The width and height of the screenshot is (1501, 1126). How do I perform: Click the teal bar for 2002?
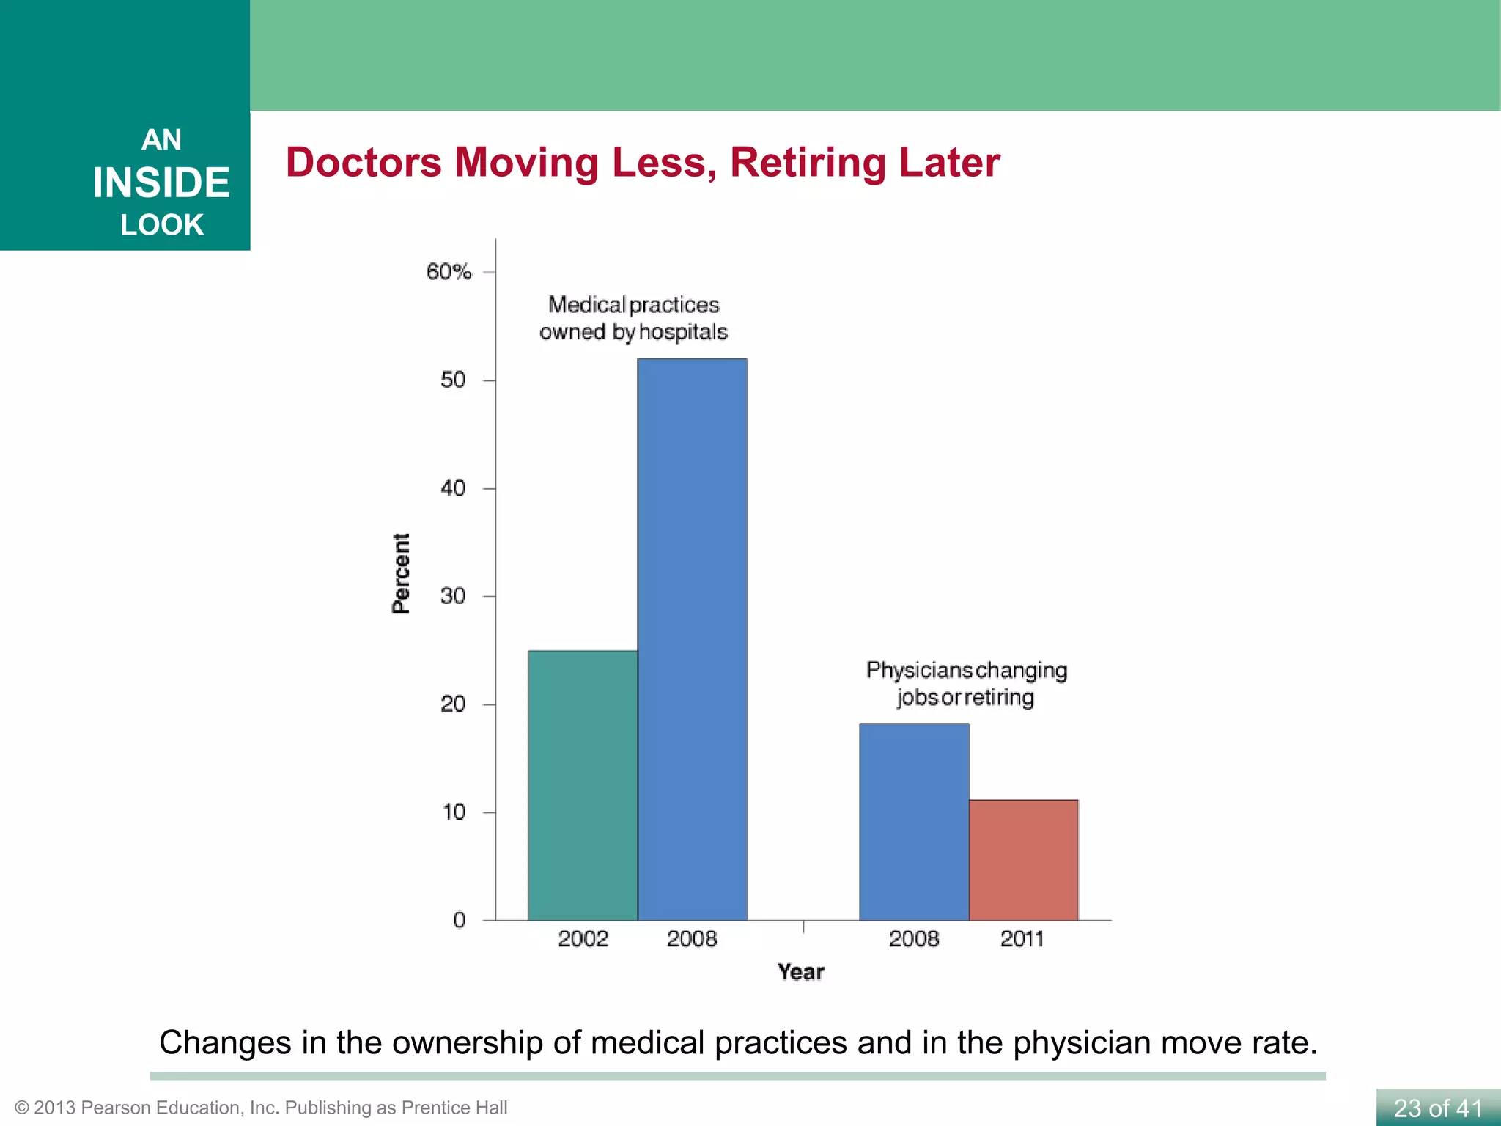tap(583, 784)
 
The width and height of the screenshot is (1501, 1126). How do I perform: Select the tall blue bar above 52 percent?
tap(692, 638)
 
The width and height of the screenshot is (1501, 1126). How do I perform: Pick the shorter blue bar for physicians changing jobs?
tap(914, 821)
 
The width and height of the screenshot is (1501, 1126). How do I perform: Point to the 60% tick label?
tap(449, 272)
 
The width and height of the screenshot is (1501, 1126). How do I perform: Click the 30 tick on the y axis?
tap(453, 596)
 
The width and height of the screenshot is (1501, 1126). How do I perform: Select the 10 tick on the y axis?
tap(454, 812)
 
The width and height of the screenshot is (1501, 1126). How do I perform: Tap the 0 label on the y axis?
tap(460, 920)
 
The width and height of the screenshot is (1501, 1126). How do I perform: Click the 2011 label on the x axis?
tap(1022, 939)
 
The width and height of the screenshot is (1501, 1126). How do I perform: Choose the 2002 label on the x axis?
tap(583, 939)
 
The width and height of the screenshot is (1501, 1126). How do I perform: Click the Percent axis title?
tap(401, 573)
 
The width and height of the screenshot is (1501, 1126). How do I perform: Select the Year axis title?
tap(800, 972)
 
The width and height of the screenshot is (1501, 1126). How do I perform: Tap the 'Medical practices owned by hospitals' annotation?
tap(633, 318)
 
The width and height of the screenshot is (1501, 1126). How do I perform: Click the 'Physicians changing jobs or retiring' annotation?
tap(966, 683)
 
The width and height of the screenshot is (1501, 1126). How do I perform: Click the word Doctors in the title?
tap(364, 162)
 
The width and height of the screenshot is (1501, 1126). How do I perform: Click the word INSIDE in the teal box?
tap(161, 183)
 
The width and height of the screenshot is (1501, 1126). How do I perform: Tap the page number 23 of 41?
tap(1437, 1108)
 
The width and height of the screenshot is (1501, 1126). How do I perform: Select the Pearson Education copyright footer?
tap(261, 1108)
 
